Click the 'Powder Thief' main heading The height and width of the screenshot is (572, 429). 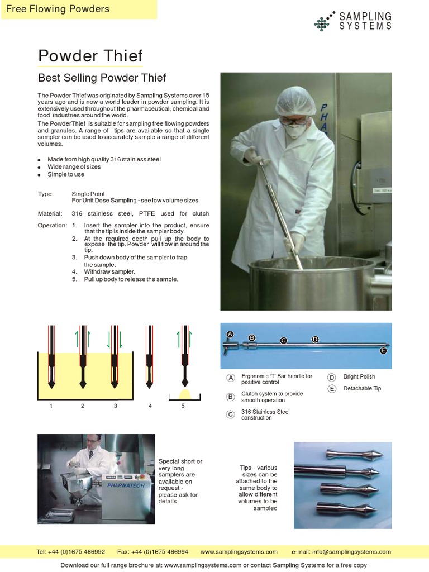tap(90, 56)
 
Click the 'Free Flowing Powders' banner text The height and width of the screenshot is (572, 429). tap(58, 9)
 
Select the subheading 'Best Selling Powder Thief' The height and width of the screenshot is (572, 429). tap(102, 78)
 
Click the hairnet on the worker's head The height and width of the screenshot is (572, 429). tap(295, 101)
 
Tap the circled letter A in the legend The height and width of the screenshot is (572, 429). tap(230, 378)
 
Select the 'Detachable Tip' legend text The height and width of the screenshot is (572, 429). tap(362, 388)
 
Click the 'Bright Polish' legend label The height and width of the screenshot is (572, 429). tap(359, 377)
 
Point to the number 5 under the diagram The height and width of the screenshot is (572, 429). tap(183, 406)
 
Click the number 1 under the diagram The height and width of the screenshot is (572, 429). tap(51, 406)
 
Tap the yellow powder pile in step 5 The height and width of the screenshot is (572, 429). tap(185, 394)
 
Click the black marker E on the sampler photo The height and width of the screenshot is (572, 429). tap(383, 351)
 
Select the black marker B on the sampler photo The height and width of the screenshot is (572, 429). tap(252, 338)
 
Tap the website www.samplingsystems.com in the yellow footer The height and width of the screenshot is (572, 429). tap(239, 552)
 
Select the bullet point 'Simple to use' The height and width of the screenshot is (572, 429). tap(66, 174)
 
